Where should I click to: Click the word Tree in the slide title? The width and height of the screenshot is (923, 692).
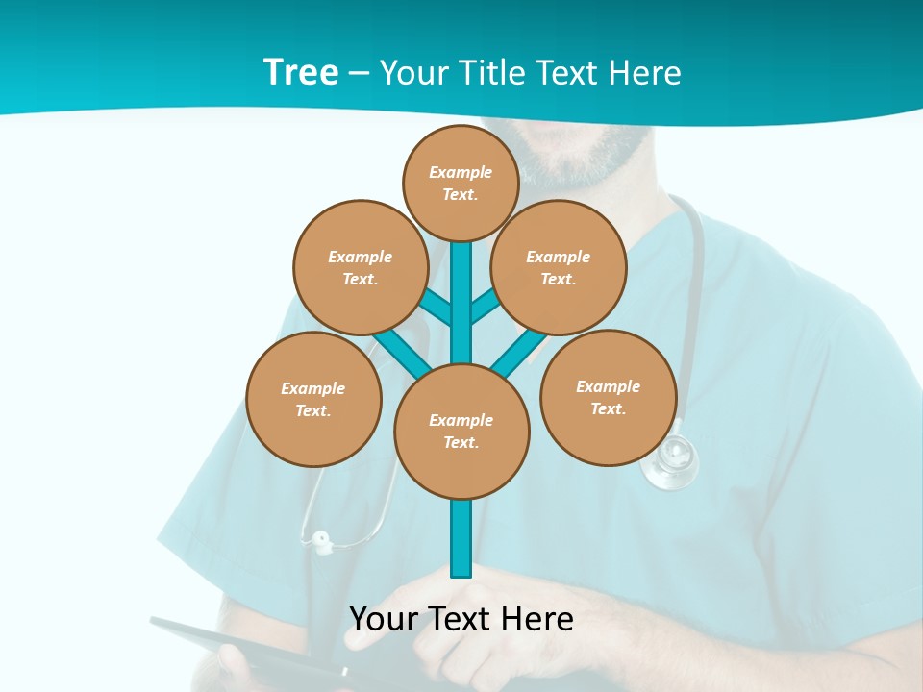tap(301, 72)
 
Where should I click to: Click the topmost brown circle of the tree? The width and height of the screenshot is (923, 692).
tap(461, 183)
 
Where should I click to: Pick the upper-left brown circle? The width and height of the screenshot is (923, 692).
tap(360, 267)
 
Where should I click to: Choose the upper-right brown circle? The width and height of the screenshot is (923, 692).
tap(559, 267)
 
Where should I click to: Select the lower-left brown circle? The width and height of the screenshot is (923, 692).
tap(313, 399)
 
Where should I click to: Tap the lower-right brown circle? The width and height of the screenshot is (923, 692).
tap(608, 397)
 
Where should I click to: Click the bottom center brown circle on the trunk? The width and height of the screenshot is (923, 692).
tap(461, 431)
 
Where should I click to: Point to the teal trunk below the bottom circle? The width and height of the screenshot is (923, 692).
tap(461, 538)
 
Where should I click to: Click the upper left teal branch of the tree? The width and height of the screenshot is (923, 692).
tap(436, 309)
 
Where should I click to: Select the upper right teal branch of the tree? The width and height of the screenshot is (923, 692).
tap(485, 307)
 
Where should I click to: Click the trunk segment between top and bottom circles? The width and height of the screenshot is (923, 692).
tap(461, 303)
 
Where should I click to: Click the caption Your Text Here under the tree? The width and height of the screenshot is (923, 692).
tap(461, 618)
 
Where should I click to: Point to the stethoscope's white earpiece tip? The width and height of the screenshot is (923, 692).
tap(320, 541)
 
